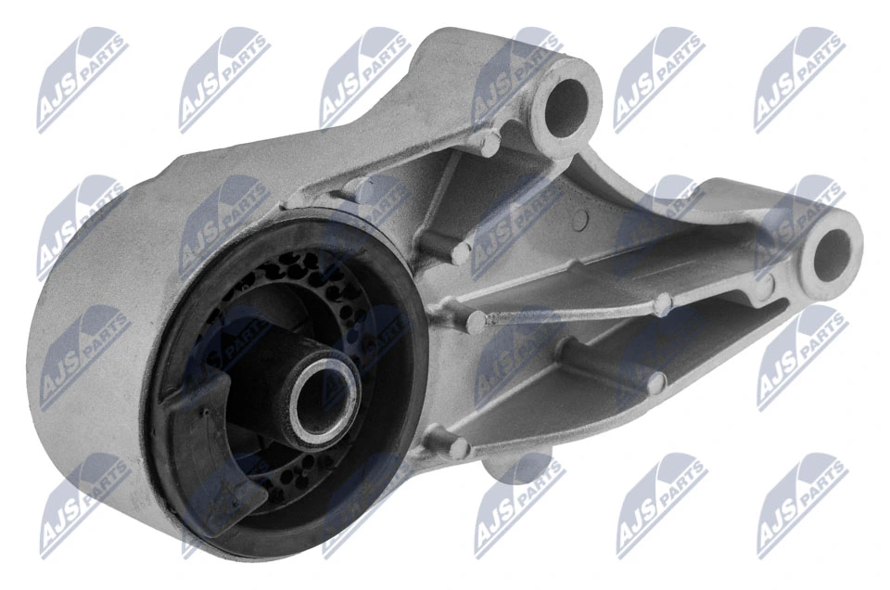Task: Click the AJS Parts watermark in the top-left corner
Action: (x=82, y=78)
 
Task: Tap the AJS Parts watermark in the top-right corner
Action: (x=799, y=78)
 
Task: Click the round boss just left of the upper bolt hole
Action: (x=487, y=142)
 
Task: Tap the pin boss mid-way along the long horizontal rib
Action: (x=660, y=303)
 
